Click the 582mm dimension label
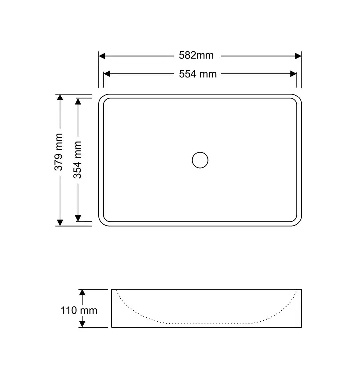point(196,55)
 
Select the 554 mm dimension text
point(198,74)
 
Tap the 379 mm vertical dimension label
point(59,152)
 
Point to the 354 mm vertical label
point(77,160)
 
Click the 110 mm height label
point(79,310)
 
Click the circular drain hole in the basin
point(200,160)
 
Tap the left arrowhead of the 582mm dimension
point(102,56)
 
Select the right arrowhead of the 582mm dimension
point(298,56)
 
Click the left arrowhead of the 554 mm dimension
point(107,74)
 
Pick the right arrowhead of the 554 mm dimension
point(293,74)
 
